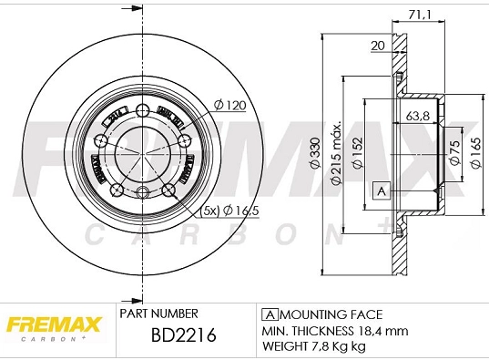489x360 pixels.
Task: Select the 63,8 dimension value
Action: point(418,116)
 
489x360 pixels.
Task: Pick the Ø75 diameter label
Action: point(453,157)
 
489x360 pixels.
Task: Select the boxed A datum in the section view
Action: point(382,190)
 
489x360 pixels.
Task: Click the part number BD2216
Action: point(182,338)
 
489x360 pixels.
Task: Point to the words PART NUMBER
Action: point(159,313)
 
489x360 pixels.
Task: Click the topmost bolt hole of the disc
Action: point(142,110)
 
